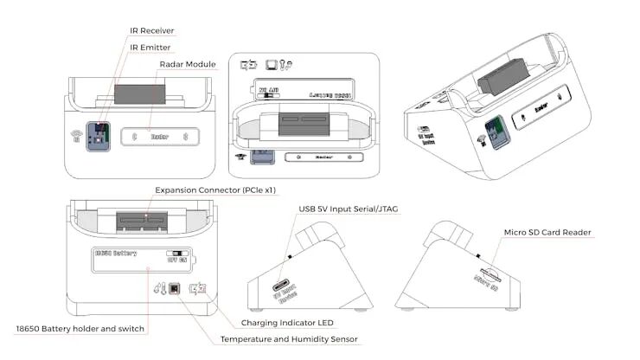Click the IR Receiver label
click(151, 32)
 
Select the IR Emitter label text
click(150, 48)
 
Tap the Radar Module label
click(188, 65)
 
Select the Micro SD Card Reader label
click(548, 233)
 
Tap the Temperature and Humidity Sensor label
click(289, 339)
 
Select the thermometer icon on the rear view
click(158, 290)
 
